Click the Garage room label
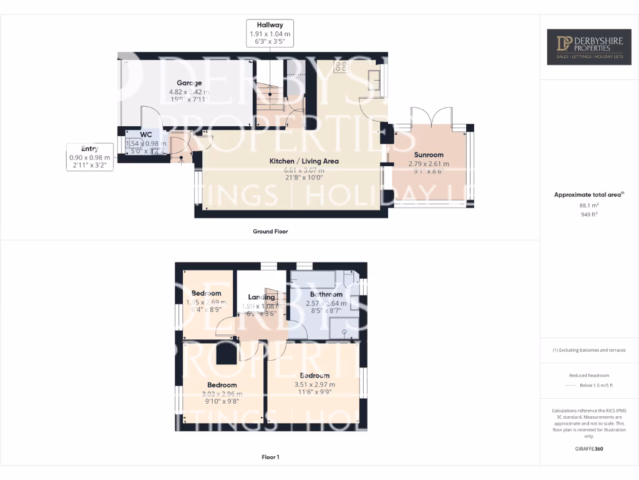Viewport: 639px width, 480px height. point(188,82)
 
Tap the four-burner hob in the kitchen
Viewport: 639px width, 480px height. point(341,66)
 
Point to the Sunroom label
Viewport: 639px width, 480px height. point(429,155)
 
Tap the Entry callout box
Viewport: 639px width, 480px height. point(90,157)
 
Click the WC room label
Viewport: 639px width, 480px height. point(146,134)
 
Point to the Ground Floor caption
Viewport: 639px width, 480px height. point(270,231)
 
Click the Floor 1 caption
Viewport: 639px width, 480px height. point(270,457)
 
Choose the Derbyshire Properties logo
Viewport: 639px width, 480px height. point(590,47)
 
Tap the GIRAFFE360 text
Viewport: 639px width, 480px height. point(589,449)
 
